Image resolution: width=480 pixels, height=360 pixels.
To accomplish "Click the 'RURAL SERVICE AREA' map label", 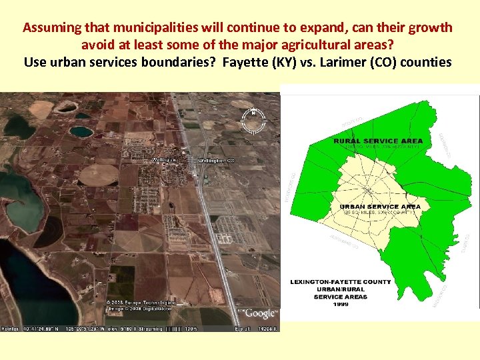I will [x=378, y=141].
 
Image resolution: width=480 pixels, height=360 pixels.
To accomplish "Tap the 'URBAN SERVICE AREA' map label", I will [x=380, y=207].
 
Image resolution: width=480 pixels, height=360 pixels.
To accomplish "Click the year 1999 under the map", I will [x=340, y=304].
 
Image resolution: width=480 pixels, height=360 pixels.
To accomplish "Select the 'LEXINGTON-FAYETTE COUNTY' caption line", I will [x=340, y=282].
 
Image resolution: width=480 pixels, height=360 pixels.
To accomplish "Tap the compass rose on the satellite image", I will [x=253, y=120].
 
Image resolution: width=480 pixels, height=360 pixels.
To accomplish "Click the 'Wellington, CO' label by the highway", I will [x=216, y=161].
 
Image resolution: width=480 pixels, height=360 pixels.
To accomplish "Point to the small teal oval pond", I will [x=81, y=131].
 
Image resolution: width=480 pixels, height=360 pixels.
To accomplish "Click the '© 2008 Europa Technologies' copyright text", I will [x=131, y=303].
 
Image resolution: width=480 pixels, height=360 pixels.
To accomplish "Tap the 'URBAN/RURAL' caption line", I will [x=340, y=289].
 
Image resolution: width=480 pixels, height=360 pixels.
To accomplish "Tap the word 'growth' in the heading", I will [x=431, y=28].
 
